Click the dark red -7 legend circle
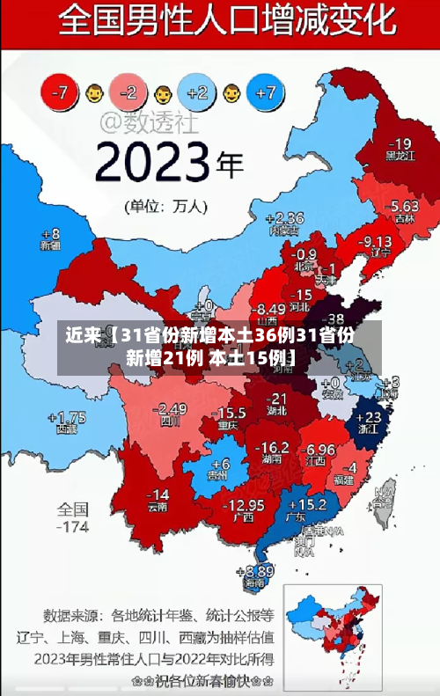pos(60,91)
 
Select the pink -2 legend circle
pos(128,91)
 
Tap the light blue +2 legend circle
pos(197,91)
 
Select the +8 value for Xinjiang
pos(50,234)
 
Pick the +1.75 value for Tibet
pos(67,417)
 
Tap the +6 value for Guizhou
pos(220,464)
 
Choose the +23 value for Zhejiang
pos(372,417)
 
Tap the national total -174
pos(73,528)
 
